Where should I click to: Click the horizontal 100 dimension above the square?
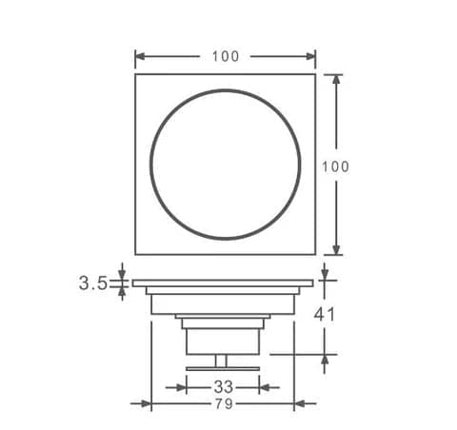pyautogui.click(x=226, y=56)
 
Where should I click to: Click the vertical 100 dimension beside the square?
pyautogui.click(x=335, y=166)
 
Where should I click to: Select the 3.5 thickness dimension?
pyautogui.click(x=93, y=283)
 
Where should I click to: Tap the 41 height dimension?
pyautogui.click(x=324, y=315)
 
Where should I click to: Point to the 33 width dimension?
pyautogui.click(x=223, y=387)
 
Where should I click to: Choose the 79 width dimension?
pyautogui.click(x=224, y=403)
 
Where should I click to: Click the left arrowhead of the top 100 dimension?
pyautogui.click(x=140, y=57)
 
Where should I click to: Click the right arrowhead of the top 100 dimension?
pyautogui.click(x=310, y=57)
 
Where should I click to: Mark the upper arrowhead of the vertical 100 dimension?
pyautogui.click(x=336, y=79)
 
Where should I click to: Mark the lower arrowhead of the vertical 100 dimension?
pyautogui.click(x=336, y=249)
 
